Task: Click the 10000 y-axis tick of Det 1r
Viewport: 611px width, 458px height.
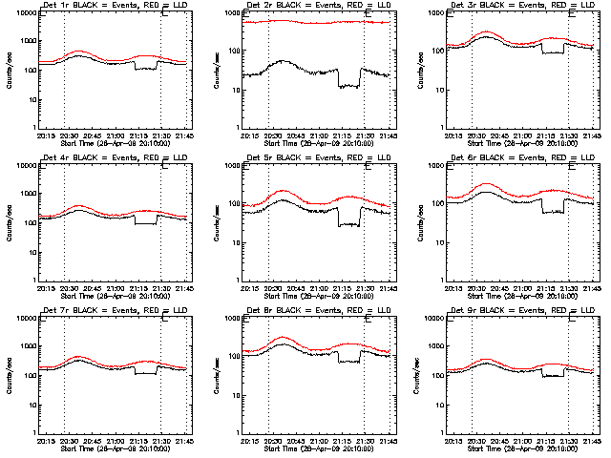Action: (x=22, y=13)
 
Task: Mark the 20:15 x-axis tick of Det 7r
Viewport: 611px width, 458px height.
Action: (x=46, y=440)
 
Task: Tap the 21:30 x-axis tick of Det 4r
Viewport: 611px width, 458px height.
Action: (x=160, y=287)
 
